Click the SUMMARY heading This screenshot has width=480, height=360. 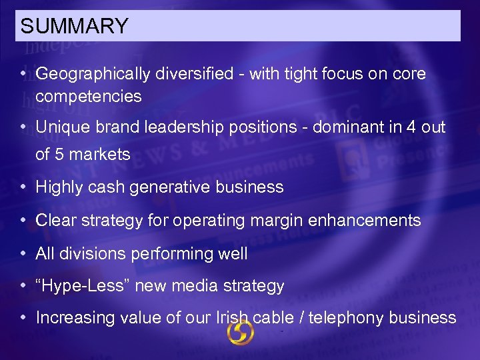click(x=74, y=27)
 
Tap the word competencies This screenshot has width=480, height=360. click(x=89, y=97)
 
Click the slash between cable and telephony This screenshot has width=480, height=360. click(x=303, y=318)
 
